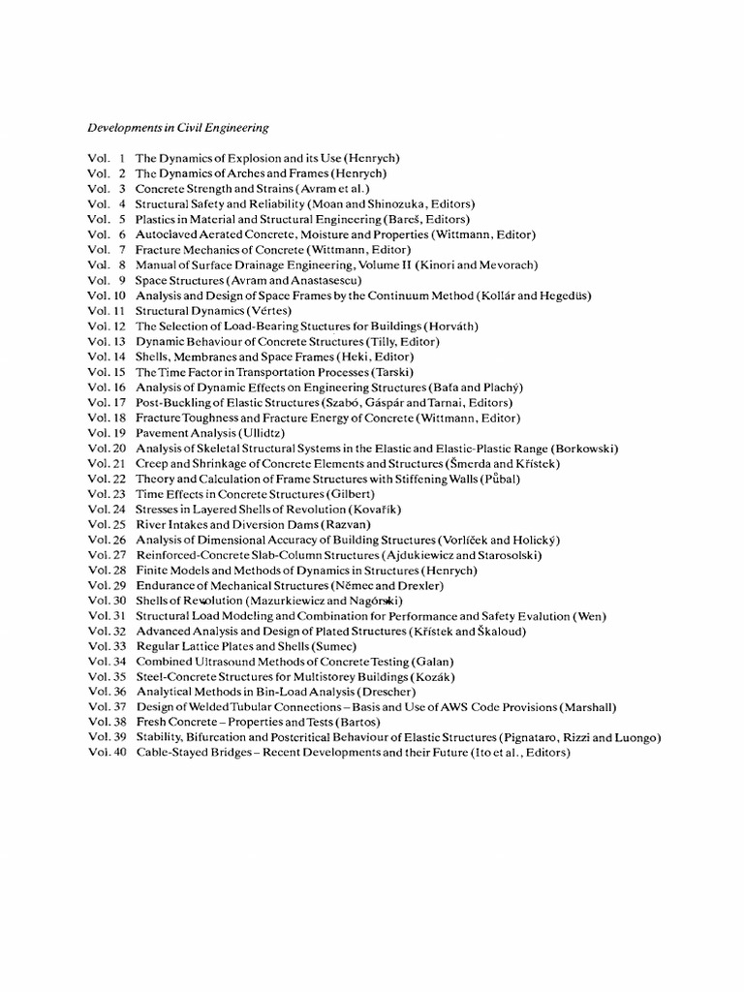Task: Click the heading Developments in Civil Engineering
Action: pos(178,127)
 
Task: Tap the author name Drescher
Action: pos(387,692)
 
